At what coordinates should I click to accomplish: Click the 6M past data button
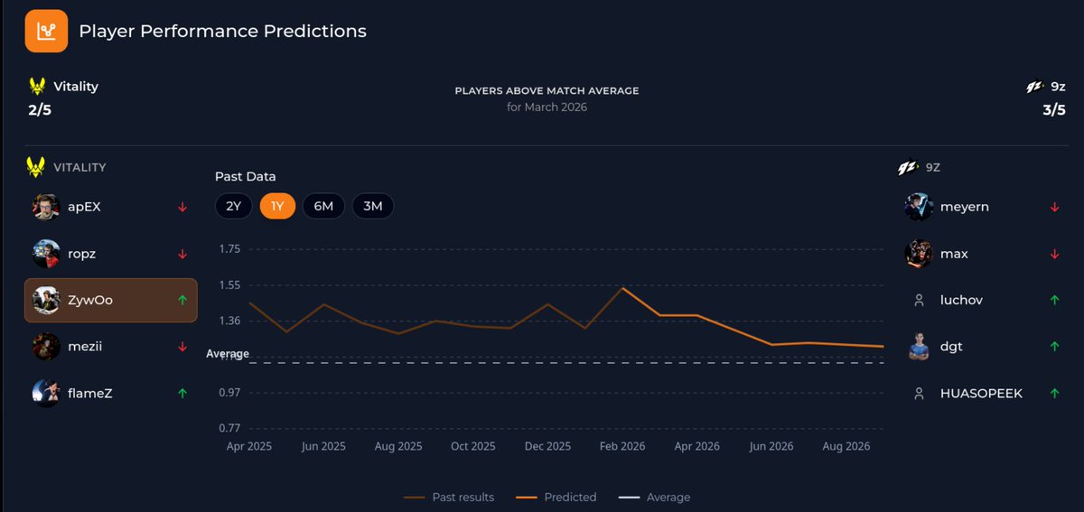point(323,206)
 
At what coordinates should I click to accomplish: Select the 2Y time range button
point(233,206)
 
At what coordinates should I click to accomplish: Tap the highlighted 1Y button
point(277,206)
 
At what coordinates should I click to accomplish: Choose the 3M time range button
point(372,206)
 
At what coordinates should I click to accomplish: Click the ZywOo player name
point(90,300)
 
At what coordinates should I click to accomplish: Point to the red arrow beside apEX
point(182,207)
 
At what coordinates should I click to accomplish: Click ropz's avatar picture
point(46,254)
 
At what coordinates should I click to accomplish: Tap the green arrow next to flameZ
point(182,393)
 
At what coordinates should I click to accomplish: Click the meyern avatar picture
point(919,207)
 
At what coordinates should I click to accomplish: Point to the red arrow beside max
point(1054,254)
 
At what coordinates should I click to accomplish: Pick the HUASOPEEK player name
point(981,393)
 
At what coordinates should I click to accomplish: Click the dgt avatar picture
point(919,346)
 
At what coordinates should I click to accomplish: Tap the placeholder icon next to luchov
point(919,300)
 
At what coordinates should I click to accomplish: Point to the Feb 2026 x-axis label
point(622,446)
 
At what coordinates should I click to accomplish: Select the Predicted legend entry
point(556,497)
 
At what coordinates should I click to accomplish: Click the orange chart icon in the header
point(46,31)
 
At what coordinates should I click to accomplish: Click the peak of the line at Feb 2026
point(622,288)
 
